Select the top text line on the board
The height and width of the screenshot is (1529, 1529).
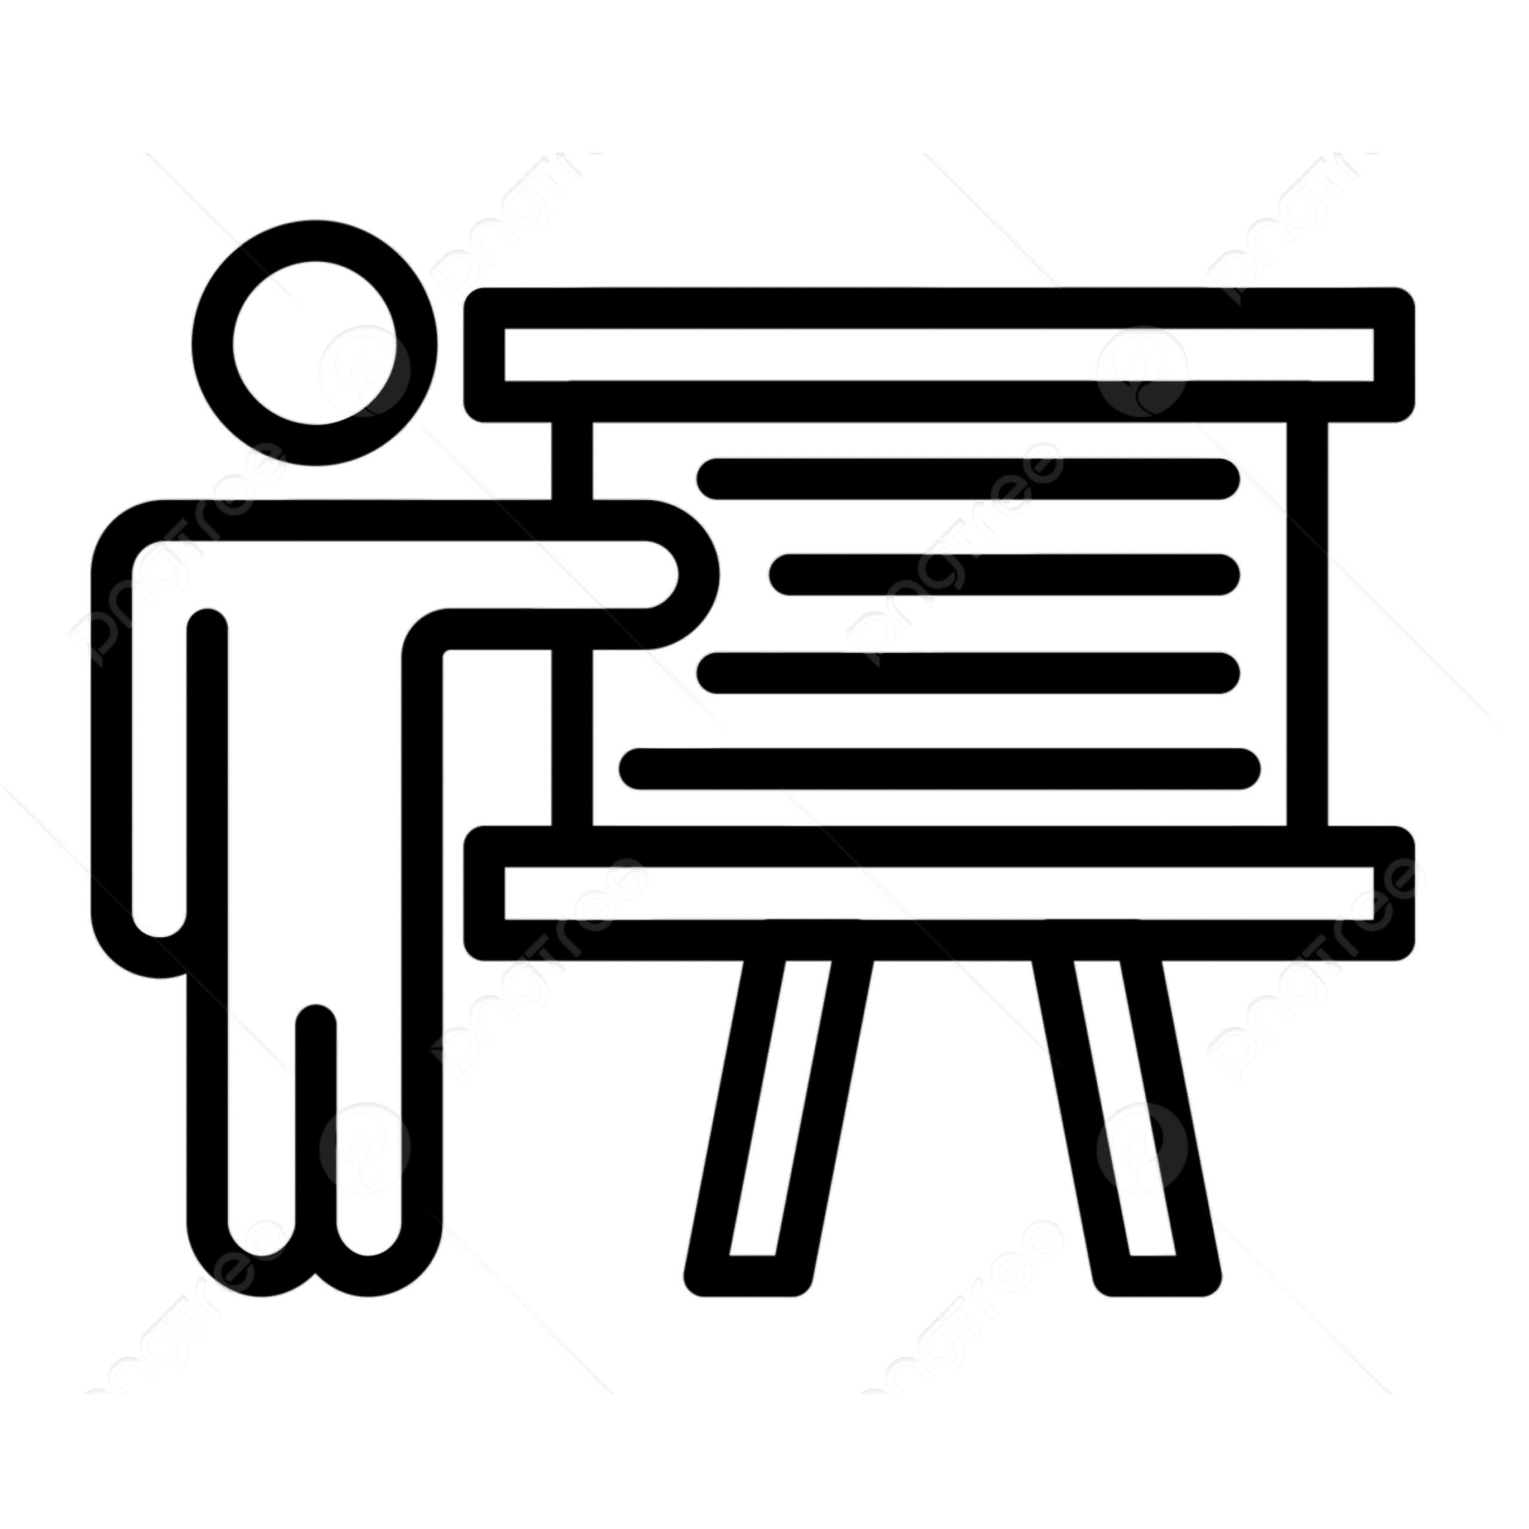click(967, 479)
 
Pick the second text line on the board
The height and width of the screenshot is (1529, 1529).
click(1003, 575)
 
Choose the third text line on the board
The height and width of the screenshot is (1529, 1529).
click(967, 673)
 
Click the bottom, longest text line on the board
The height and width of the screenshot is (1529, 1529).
click(940, 769)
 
